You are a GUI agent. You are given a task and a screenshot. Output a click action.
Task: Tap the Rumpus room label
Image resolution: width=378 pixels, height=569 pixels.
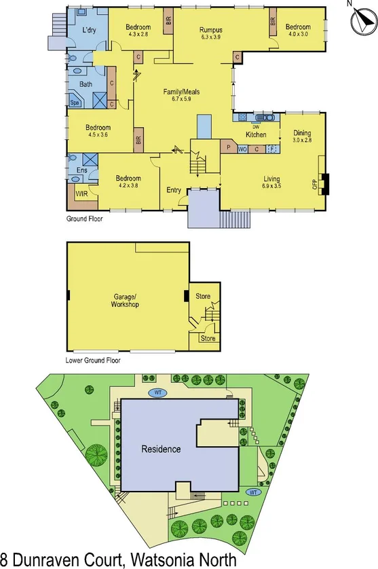pyautogui.click(x=211, y=31)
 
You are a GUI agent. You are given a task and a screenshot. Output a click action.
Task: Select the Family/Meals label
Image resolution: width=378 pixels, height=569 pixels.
pyautogui.click(x=181, y=92)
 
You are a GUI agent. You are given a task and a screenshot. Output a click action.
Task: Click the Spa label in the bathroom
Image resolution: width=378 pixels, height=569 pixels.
pyautogui.click(x=75, y=103)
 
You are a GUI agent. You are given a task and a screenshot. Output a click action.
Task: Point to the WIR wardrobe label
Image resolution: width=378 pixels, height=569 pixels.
pyautogui.click(x=81, y=194)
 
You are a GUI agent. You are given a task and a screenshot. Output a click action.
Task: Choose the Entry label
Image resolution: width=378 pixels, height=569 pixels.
pyautogui.click(x=174, y=190)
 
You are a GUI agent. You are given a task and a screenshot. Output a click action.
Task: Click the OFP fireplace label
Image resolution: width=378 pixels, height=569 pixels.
pyautogui.click(x=315, y=184)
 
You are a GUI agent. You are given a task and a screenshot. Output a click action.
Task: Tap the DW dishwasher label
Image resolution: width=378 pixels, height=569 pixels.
pyautogui.click(x=256, y=127)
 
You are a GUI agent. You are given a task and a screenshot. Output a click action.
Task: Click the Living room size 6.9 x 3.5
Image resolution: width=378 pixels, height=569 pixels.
pyautogui.click(x=271, y=185)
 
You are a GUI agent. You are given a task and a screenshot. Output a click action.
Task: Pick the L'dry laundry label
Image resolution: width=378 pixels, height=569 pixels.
pyautogui.click(x=89, y=31)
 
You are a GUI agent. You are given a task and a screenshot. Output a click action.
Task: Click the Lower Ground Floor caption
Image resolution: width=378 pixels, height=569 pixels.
pyautogui.click(x=93, y=361)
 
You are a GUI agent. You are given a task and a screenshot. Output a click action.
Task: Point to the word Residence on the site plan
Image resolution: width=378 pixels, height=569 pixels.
pyautogui.click(x=161, y=449)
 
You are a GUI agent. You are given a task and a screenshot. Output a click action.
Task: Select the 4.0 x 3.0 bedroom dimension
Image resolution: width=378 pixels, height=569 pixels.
pyautogui.click(x=298, y=33)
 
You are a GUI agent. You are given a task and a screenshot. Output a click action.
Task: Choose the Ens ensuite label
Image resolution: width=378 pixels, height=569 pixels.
pyautogui.click(x=81, y=170)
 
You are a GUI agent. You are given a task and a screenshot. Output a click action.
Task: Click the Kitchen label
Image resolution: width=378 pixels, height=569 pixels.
pyautogui.click(x=256, y=135)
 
